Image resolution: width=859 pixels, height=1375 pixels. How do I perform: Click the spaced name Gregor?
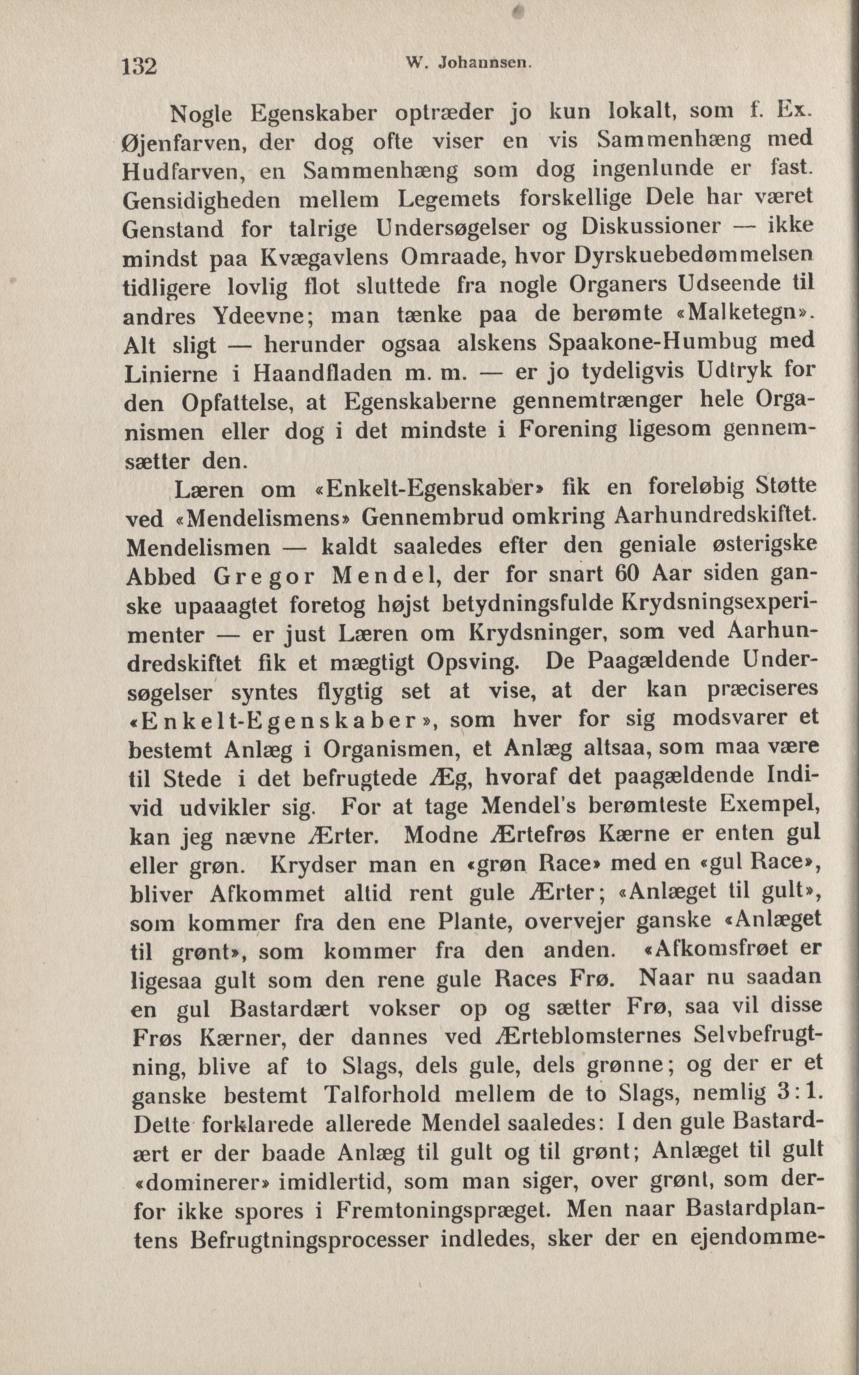(263, 576)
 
